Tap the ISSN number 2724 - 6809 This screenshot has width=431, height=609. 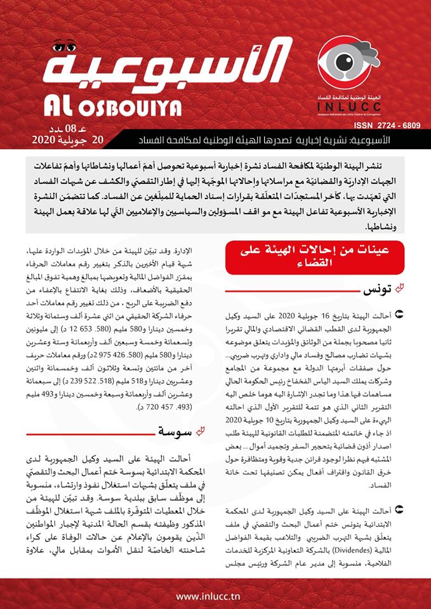click(x=389, y=126)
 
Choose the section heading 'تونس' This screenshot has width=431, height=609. click(x=370, y=290)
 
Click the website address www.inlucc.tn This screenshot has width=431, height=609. click(x=215, y=597)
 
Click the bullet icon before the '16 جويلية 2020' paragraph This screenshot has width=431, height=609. click(x=398, y=313)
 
